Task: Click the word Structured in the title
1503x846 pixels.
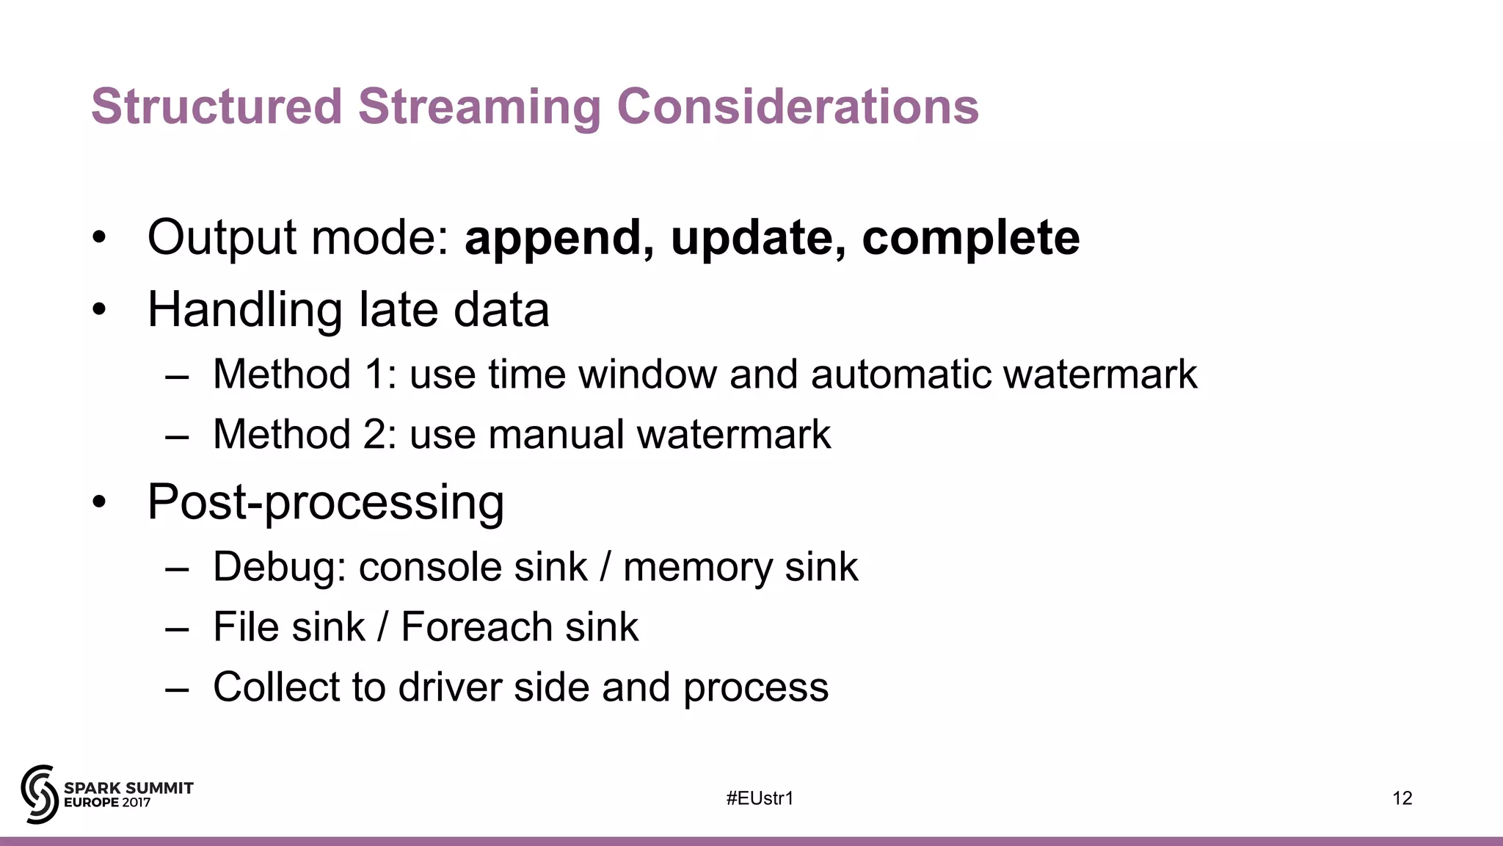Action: (216, 107)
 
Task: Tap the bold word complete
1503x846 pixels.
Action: (970, 239)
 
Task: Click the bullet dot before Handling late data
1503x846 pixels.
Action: (100, 310)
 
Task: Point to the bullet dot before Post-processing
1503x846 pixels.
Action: (100, 503)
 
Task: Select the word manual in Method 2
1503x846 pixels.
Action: (556, 435)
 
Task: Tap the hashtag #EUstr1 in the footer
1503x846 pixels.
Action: (760, 798)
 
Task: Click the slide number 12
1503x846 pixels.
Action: (1402, 798)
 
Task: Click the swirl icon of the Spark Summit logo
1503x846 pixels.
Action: (40, 794)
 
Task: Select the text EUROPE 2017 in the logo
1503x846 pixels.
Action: (107, 803)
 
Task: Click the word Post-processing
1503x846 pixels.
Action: (326, 503)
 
